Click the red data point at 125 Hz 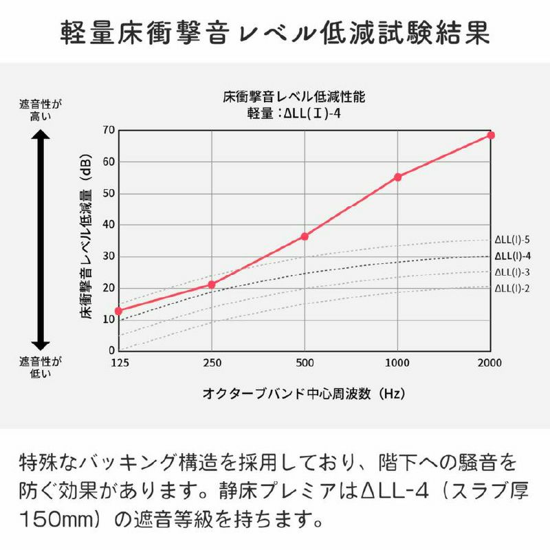[x=118, y=311]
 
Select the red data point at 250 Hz [x=212, y=284]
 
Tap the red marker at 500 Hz [x=305, y=236]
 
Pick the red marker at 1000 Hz [x=397, y=177]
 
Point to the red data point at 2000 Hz [x=490, y=135]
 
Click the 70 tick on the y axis [x=108, y=130]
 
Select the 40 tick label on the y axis [x=108, y=225]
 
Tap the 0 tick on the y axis [x=111, y=351]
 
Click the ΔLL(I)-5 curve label [x=512, y=240]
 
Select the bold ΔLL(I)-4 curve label [x=512, y=256]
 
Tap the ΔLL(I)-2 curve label [x=512, y=288]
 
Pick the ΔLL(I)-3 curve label [x=512, y=272]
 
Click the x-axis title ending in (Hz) [x=303, y=394]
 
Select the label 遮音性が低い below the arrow [x=40, y=367]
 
